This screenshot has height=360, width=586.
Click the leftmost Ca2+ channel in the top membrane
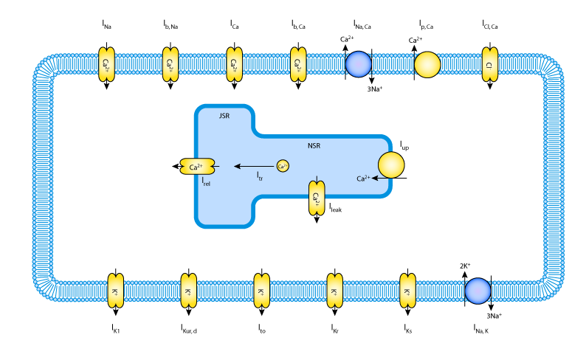click(x=106, y=64)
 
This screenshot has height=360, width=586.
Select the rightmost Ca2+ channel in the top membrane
click(x=298, y=64)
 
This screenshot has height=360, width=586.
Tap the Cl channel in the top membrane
click(x=489, y=64)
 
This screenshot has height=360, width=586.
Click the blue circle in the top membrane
click(x=359, y=64)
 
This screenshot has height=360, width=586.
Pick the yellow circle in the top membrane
click(x=427, y=64)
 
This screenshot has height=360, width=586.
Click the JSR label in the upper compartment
click(x=224, y=116)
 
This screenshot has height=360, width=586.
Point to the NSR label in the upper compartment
click(x=314, y=146)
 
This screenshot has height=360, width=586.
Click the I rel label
click(x=206, y=181)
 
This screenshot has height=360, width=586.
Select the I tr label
click(x=260, y=176)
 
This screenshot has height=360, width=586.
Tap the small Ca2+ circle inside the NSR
click(x=283, y=166)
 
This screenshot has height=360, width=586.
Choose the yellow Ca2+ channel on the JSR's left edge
click(x=197, y=167)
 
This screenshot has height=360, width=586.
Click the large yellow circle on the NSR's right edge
click(x=391, y=165)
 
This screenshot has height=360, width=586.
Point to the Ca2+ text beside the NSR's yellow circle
click(x=363, y=179)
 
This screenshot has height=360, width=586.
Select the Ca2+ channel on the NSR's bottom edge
click(x=317, y=198)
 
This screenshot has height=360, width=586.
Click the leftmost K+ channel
click(x=116, y=291)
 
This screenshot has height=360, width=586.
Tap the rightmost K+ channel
click(x=408, y=291)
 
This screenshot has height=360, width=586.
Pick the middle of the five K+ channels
click(x=262, y=291)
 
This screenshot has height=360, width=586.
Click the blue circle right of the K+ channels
click(x=478, y=291)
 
